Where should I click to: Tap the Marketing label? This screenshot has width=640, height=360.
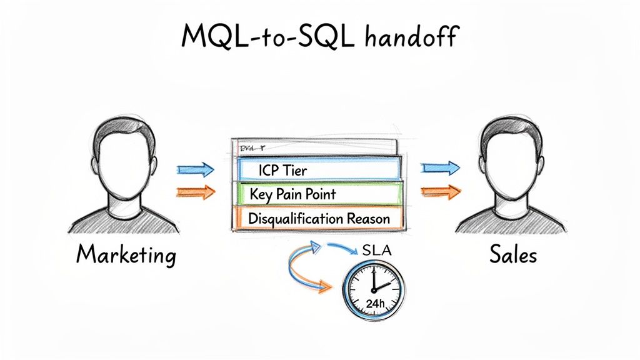click(126, 255)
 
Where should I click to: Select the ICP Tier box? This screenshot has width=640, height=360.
click(318, 169)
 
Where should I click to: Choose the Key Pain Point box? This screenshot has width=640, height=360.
click(318, 194)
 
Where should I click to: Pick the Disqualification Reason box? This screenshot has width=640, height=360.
click(318, 219)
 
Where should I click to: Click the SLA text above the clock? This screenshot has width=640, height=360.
click(378, 252)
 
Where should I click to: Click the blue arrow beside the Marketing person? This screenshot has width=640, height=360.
click(196, 169)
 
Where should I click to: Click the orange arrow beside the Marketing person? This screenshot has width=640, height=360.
click(196, 191)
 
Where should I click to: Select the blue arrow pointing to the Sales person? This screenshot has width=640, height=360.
click(441, 167)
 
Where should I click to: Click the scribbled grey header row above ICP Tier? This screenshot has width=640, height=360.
click(315, 149)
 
